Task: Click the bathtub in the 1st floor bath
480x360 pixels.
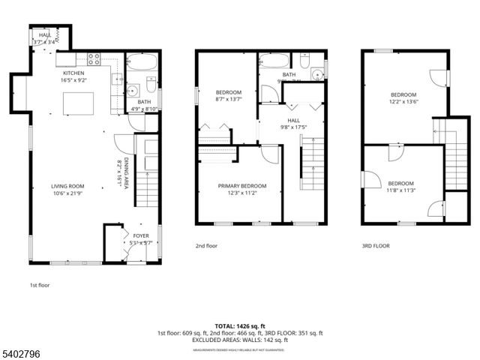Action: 140,61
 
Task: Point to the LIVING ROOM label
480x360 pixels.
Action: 67,186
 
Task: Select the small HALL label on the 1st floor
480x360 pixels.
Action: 45,35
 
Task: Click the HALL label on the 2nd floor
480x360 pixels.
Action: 293,120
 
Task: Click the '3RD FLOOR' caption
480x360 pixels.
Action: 375,245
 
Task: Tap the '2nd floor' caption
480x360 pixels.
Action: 207,245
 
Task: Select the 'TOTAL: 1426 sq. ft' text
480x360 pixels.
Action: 239,325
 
